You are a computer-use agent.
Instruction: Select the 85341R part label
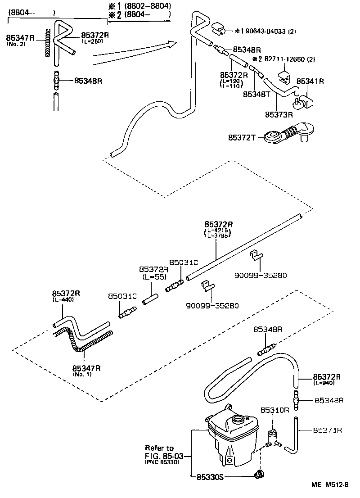pos(310,81)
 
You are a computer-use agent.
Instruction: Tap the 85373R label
pos(279,114)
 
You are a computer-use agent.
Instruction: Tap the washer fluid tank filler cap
pos(237,420)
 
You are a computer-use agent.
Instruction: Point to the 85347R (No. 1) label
pos(86,368)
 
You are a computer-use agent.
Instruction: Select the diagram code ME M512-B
pos(330,485)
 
